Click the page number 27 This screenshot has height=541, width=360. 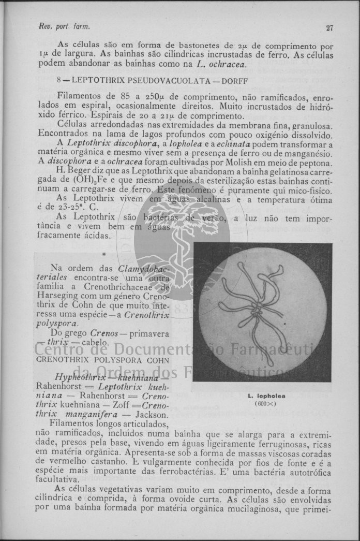point(329,28)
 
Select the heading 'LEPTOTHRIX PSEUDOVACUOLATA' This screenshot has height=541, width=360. point(141,81)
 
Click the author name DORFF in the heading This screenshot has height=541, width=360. point(236,81)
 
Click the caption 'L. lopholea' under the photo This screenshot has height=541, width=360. point(267,396)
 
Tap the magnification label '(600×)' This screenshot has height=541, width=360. point(266,404)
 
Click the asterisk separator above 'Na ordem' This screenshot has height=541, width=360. point(104,255)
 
